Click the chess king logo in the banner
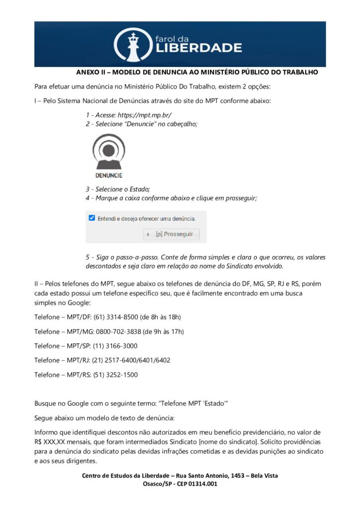pos(132,45)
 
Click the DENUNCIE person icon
pos(109,155)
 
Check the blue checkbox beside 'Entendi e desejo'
pos(91,218)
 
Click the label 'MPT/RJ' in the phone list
pos(78,360)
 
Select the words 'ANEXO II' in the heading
pos(89,72)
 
